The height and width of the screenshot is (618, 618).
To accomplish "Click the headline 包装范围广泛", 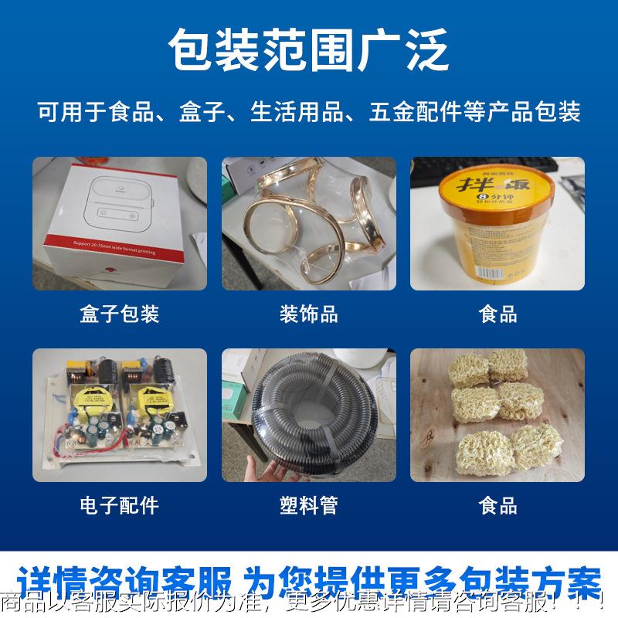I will pyautogui.click(x=309, y=49).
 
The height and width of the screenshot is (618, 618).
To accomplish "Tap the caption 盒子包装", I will pyautogui.click(x=120, y=314).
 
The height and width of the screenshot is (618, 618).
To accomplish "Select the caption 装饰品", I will pyautogui.click(x=309, y=314).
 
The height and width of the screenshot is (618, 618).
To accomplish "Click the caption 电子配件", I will pyautogui.click(x=120, y=506).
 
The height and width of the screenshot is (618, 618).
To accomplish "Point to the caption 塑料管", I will pyautogui.click(x=309, y=506).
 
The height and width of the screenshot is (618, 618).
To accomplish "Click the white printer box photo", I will pyautogui.click(x=120, y=223).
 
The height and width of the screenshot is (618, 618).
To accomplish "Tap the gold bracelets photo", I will pyautogui.click(x=309, y=223).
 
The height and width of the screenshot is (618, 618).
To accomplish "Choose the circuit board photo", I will pyautogui.click(x=120, y=416).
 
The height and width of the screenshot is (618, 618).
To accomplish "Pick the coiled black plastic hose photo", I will pyautogui.click(x=309, y=416).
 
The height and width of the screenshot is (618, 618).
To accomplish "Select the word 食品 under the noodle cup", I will pyautogui.click(x=497, y=314).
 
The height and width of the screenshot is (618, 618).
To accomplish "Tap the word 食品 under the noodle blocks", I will pyautogui.click(x=497, y=506).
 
